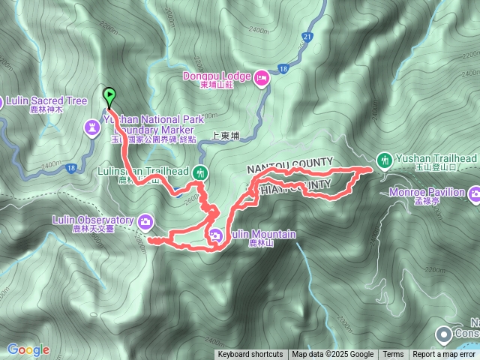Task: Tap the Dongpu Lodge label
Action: [217, 75]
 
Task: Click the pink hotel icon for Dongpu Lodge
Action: [262, 76]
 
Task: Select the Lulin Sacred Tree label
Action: [46, 100]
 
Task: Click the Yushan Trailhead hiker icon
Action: [384, 159]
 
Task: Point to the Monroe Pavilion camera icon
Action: [474, 194]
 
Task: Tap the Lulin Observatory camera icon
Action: [145, 220]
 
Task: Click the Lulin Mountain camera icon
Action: [215, 235]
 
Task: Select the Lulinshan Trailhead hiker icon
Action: [199, 172]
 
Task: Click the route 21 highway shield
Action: [307, 36]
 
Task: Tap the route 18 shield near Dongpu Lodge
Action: [282, 69]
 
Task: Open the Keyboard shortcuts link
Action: [250, 355]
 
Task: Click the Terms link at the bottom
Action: [393, 355]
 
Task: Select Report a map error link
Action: [445, 355]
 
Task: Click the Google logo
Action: [28, 349]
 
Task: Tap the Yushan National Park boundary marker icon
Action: [92, 129]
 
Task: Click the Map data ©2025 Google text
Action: [332, 355]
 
